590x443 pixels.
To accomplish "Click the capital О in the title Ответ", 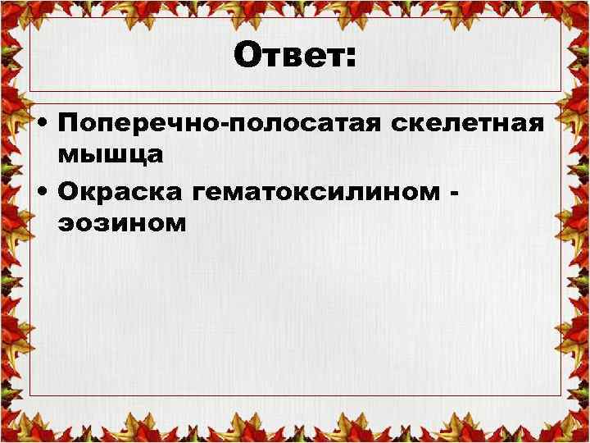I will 247,57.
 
